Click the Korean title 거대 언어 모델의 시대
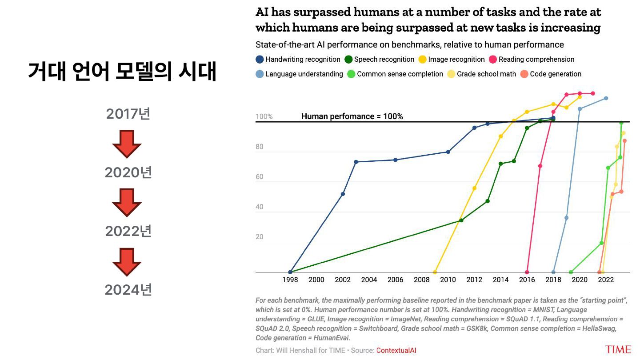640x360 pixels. [x=122, y=72]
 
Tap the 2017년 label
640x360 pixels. [x=128, y=114]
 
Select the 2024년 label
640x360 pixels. [x=128, y=290]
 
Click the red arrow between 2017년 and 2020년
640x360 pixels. [x=127, y=144]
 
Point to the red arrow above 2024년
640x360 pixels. [x=127, y=261]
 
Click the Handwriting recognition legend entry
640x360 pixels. [x=298, y=60]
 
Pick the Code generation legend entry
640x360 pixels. [x=551, y=74]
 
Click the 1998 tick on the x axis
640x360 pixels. [x=290, y=280]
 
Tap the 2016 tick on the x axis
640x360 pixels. [x=527, y=280]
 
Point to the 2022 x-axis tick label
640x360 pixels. [x=606, y=280]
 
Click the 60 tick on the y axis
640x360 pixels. [x=260, y=177]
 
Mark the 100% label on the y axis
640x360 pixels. [x=264, y=117]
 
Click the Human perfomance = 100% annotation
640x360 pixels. [x=352, y=116]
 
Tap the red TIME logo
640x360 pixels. [x=618, y=349]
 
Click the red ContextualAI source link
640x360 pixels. [x=396, y=350]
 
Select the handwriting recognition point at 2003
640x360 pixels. [x=356, y=162]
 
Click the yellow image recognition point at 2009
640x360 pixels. [x=435, y=272]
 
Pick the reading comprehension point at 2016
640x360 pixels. [x=527, y=272]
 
